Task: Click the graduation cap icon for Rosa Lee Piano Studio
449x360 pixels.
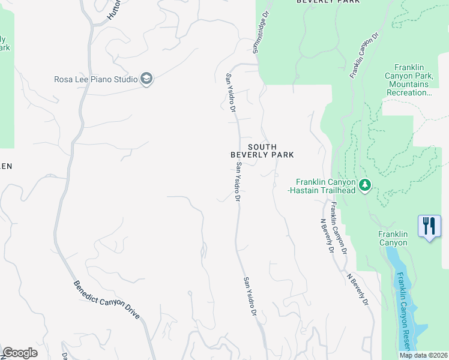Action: tap(146, 79)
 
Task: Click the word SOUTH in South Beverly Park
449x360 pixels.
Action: tap(262, 146)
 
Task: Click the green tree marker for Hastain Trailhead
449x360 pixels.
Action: tap(364, 185)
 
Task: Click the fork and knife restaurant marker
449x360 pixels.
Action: tap(429, 227)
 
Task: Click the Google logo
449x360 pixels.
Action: tap(20, 353)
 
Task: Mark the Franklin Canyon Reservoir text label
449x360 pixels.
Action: tap(402, 312)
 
